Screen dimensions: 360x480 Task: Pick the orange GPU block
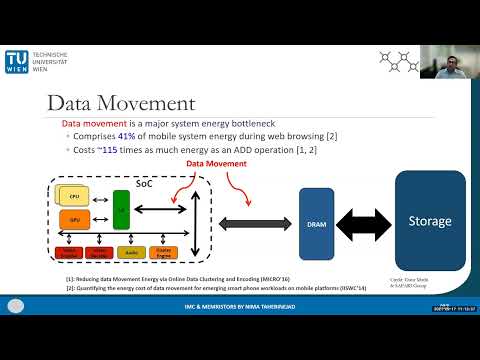coord(75,218)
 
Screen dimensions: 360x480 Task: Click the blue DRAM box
coord(316,225)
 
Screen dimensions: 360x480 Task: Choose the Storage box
coord(430,221)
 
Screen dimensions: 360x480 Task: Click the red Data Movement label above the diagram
coord(211,161)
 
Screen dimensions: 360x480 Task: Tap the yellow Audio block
coord(130,253)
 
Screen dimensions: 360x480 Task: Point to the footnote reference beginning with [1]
coord(159,278)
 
